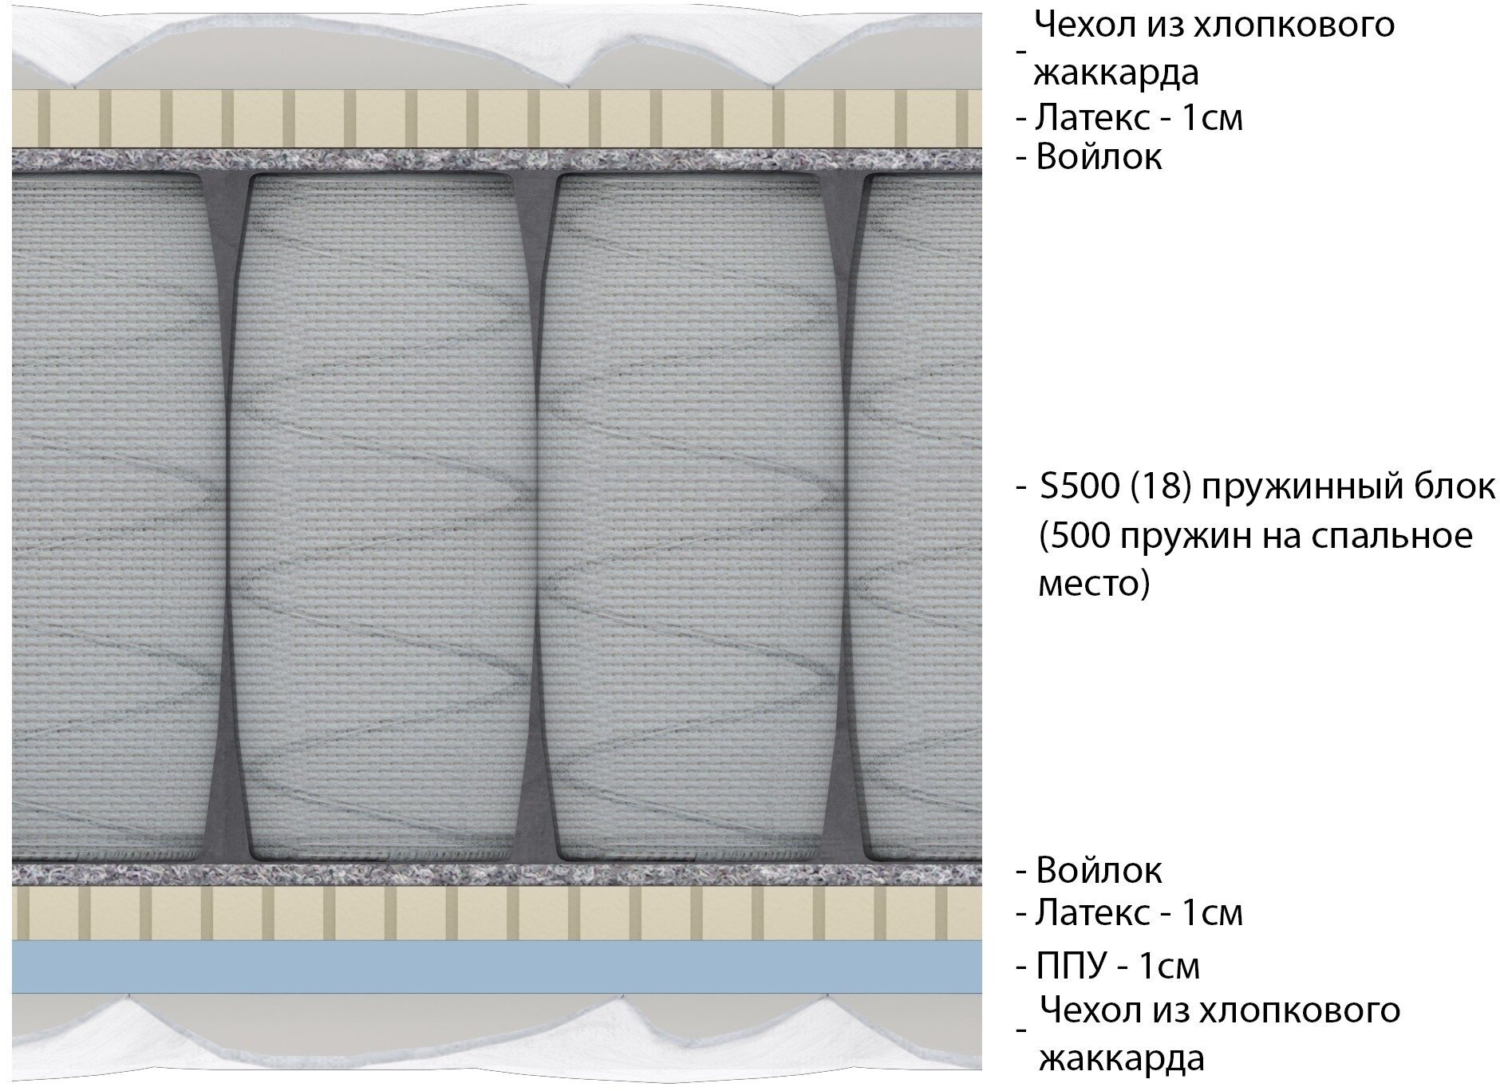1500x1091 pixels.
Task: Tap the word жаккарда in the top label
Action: coord(1116,73)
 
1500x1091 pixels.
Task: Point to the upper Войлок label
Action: coord(1098,157)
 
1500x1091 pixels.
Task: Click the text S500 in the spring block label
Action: coord(1077,486)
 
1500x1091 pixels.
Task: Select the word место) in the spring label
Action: coord(1094,585)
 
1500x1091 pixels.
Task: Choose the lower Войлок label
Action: coord(1098,870)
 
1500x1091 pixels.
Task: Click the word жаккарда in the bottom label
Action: coord(1121,1059)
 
